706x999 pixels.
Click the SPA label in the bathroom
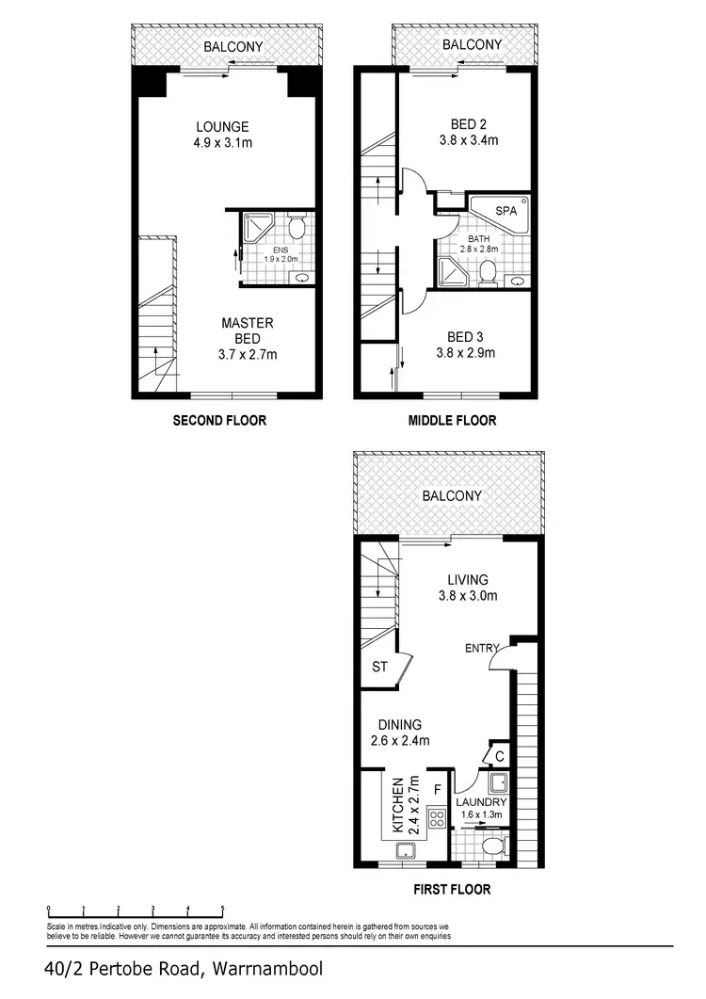click(x=506, y=212)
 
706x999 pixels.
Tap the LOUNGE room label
click(x=222, y=127)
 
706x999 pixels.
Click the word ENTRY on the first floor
click(x=482, y=649)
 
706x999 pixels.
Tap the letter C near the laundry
click(x=499, y=756)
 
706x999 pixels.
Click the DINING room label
click(x=399, y=724)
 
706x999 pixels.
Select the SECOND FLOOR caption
click(x=219, y=420)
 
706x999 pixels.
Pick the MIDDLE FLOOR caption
click(x=453, y=420)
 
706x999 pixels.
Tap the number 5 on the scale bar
click(x=222, y=910)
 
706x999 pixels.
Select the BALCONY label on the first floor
click(x=452, y=495)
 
